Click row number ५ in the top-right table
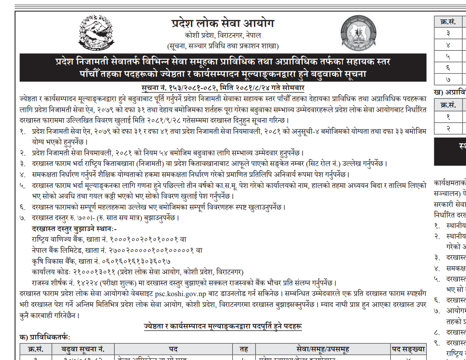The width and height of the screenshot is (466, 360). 448,56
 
